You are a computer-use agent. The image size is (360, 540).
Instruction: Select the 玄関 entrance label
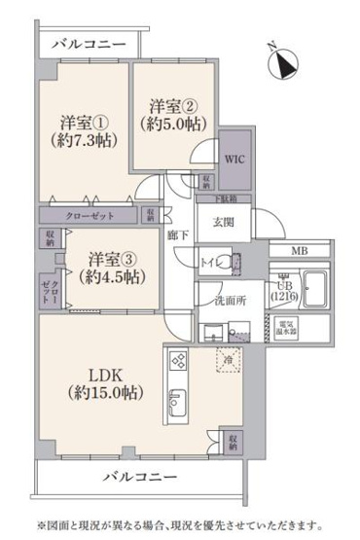226,221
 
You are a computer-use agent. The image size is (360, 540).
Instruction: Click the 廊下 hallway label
176,234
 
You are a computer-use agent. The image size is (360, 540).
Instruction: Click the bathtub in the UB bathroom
317,288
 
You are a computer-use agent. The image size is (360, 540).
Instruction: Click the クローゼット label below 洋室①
88,215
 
